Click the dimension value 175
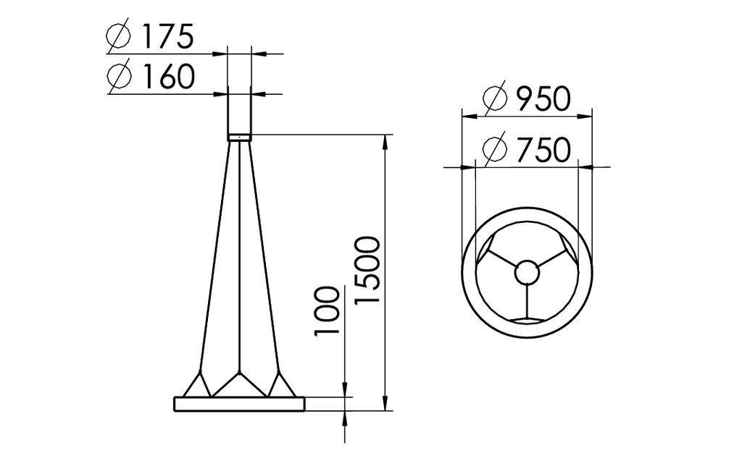tap(167, 36)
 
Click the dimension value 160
tap(167, 76)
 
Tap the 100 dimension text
tap(328, 311)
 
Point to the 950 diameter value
tap(543, 99)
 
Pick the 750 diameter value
tap(543, 151)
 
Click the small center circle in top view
tap(527, 274)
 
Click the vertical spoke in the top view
tap(527, 301)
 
